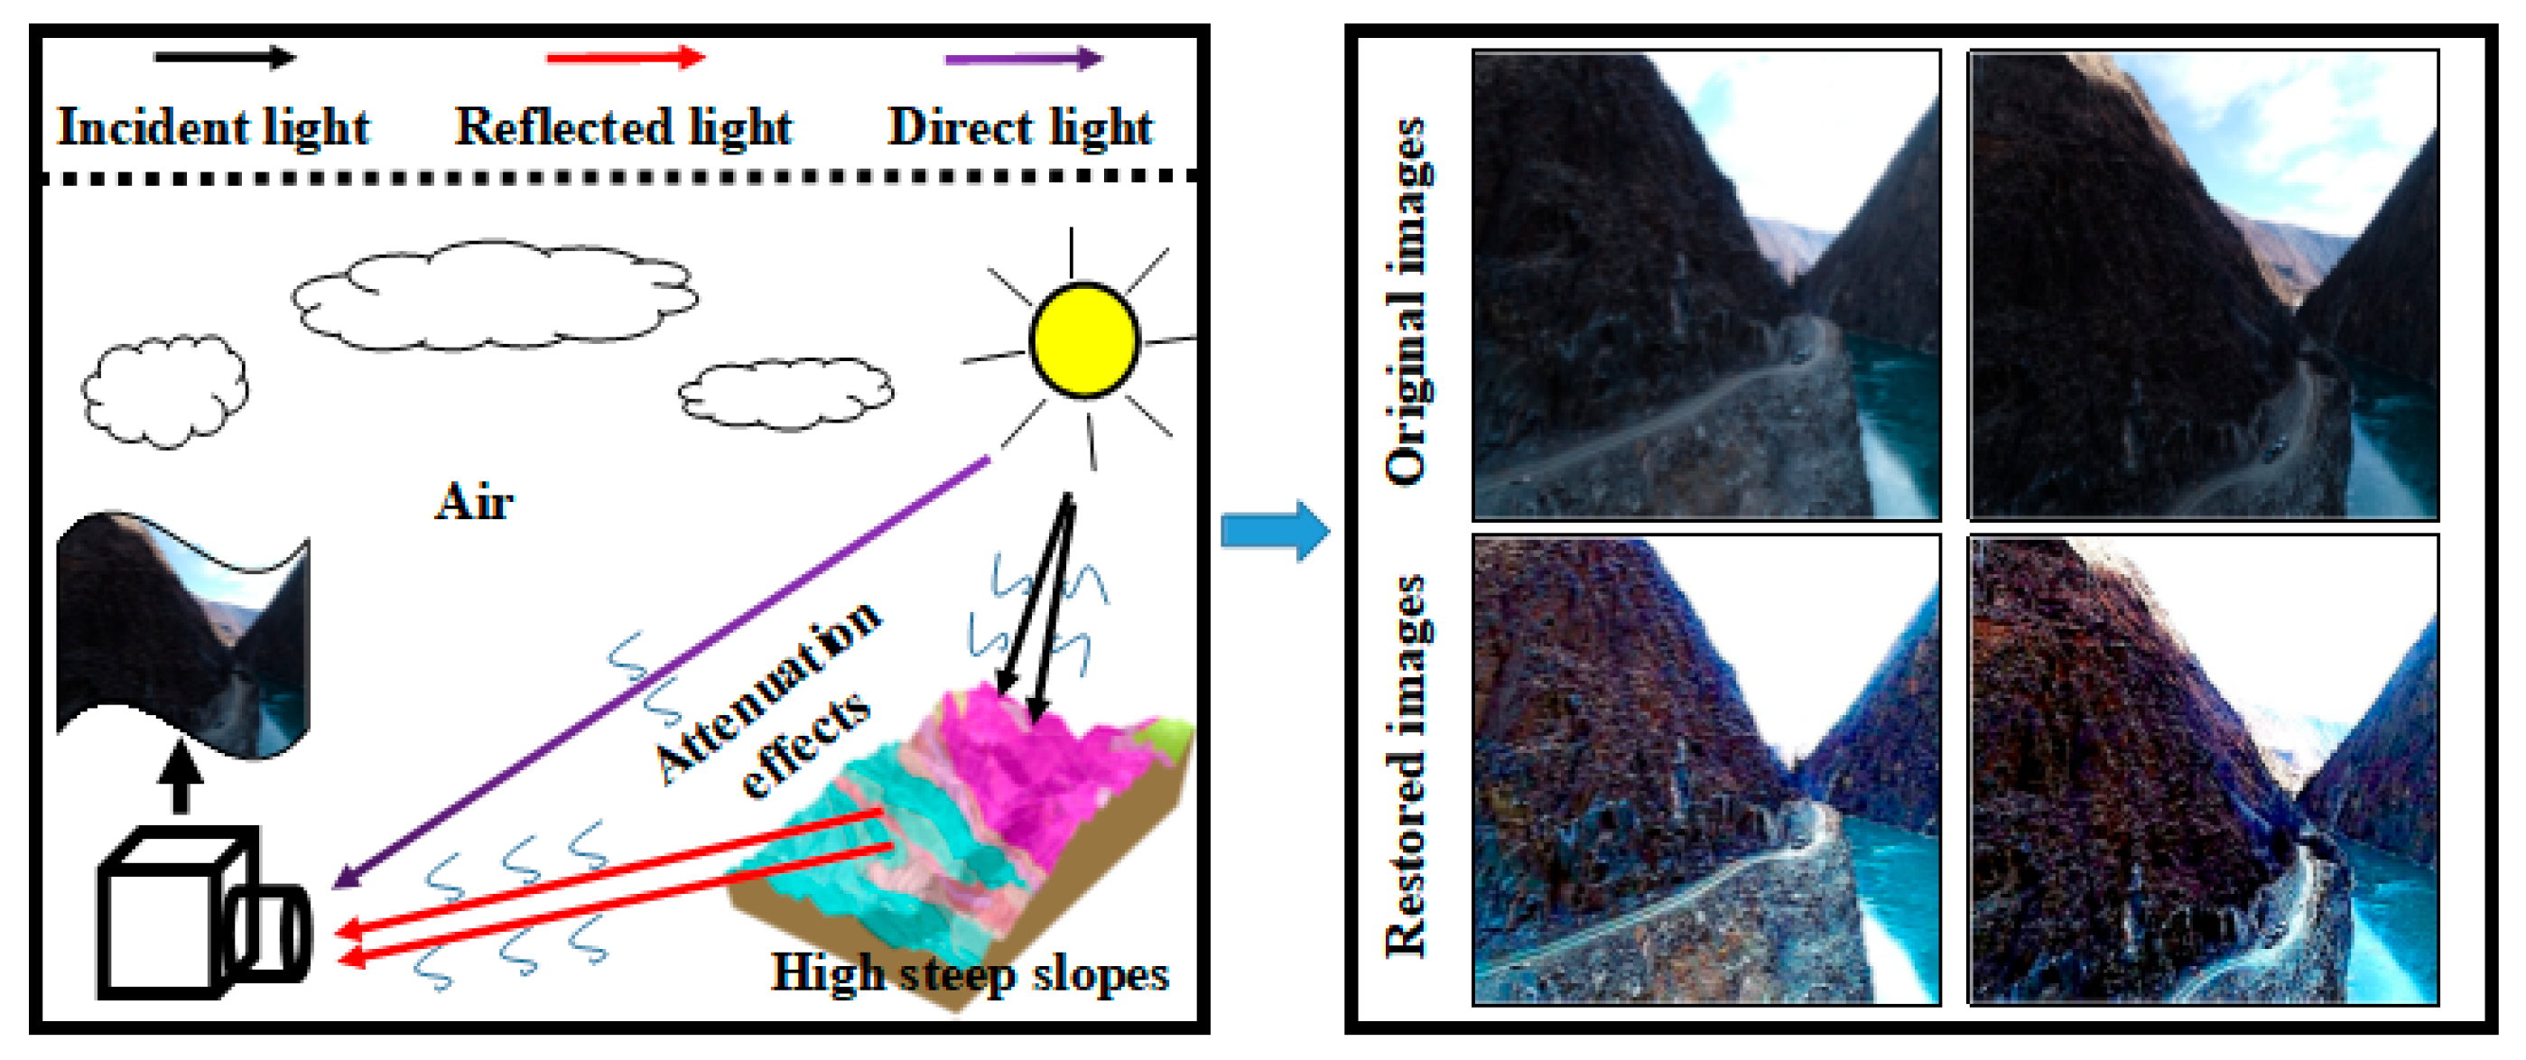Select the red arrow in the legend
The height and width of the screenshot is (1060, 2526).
[x=625, y=58]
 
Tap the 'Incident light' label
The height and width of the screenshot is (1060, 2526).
[x=213, y=127]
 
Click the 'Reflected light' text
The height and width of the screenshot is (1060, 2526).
[x=623, y=127]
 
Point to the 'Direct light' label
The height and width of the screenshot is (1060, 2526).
[x=1020, y=127]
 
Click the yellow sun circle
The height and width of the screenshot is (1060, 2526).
[x=1083, y=339]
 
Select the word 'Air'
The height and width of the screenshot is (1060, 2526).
[x=474, y=502]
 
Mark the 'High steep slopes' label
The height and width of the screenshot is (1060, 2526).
[x=969, y=973]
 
